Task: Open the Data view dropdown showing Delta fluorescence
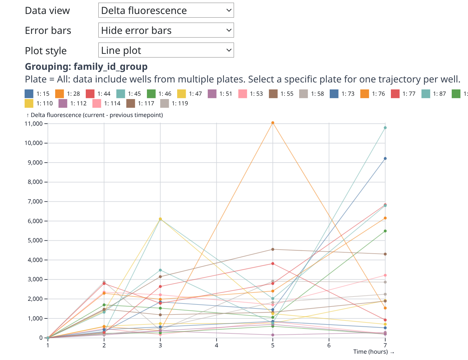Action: tap(166, 10)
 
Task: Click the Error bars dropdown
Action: tap(166, 30)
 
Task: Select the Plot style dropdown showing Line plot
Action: tap(166, 50)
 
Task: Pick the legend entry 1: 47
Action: tap(190, 94)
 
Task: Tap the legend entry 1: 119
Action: tap(174, 103)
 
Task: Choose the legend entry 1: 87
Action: tap(434, 94)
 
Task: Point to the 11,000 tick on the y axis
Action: tap(34, 124)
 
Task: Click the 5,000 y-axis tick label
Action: tap(35, 240)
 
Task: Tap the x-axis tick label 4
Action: tap(216, 345)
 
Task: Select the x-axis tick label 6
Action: tap(329, 345)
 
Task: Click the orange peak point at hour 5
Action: tap(273, 123)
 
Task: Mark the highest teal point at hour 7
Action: tap(385, 128)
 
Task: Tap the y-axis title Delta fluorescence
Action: tap(95, 115)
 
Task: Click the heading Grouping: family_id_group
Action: tap(86, 66)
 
